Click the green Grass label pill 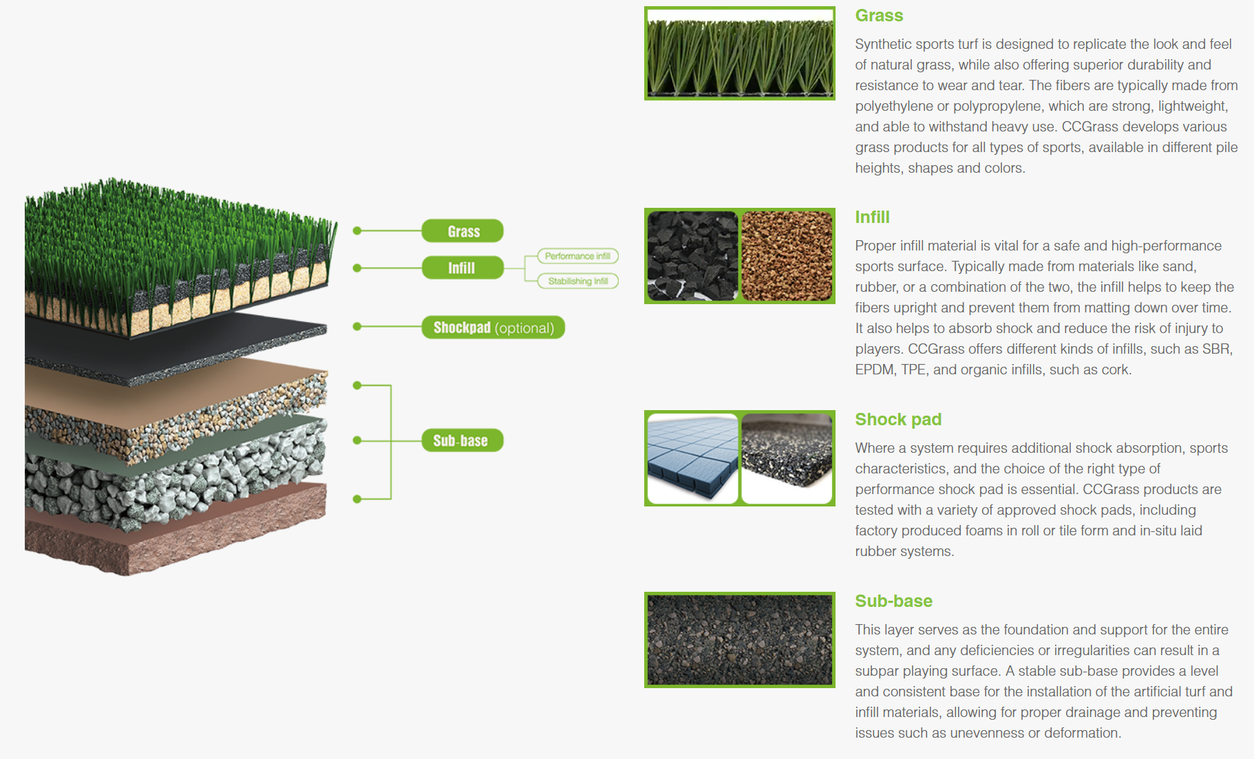463,231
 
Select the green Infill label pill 463,268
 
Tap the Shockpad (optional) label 493,328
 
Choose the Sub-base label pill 463,440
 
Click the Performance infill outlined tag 577,256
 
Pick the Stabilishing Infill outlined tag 577,281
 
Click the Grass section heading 879,15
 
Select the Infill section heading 872,217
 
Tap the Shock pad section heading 898,419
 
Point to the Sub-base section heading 893,601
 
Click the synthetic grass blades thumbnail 740,54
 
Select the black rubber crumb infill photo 692,256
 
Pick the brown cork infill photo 787,256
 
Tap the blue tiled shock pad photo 692,458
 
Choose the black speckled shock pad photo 787,458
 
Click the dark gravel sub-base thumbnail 740,640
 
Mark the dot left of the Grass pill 357,231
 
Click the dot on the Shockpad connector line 357,326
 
